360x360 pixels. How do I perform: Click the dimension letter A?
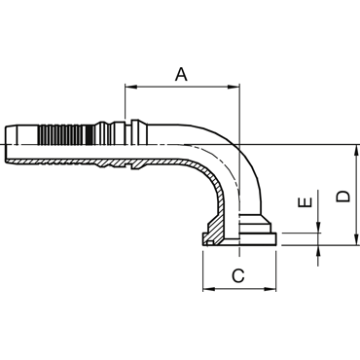(181, 74)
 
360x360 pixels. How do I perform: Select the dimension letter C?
(238, 275)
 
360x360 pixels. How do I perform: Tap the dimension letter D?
(343, 196)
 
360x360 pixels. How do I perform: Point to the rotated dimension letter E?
(306, 202)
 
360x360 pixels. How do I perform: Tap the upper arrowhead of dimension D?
(357, 151)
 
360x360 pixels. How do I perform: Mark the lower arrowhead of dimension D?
(357, 238)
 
